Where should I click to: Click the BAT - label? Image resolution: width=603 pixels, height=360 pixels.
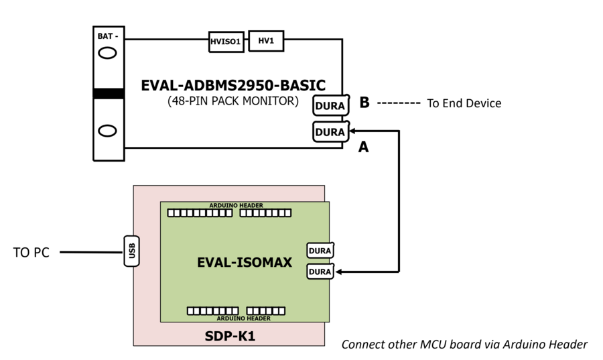click(x=108, y=37)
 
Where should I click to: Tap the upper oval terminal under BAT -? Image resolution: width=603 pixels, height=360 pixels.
click(x=108, y=55)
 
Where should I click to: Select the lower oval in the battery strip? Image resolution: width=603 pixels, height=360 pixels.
click(x=108, y=130)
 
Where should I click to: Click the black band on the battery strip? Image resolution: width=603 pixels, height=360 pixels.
click(x=108, y=93)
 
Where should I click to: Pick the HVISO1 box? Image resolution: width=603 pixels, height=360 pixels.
click(x=226, y=42)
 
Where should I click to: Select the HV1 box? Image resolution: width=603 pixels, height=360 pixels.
click(x=266, y=41)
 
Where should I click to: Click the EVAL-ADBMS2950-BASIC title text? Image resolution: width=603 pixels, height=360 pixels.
click(x=233, y=86)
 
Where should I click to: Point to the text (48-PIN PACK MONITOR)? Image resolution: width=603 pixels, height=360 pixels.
click(x=232, y=102)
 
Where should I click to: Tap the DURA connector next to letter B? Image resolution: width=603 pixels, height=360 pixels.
click(x=330, y=106)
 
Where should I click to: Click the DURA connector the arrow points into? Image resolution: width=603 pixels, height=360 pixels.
click(x=330, y=131)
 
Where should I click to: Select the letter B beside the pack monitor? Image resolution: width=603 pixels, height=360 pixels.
click(x=364, y=103)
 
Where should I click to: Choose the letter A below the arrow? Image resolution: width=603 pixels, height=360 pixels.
click(x=363, y=147)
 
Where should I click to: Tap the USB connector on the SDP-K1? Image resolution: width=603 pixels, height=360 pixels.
click(x=132, y=250)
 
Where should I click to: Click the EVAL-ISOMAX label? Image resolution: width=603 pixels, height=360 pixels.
click(x=244, y=263)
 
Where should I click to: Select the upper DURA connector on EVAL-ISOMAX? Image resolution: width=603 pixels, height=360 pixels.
click(x=320, y=251)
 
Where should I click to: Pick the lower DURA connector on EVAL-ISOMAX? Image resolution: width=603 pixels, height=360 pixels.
click(x=320, y=272)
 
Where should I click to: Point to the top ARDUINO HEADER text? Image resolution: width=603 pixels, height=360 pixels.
click(x=235, y=205)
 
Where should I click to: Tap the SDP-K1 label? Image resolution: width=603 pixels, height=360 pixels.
click(x=230, y=335)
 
